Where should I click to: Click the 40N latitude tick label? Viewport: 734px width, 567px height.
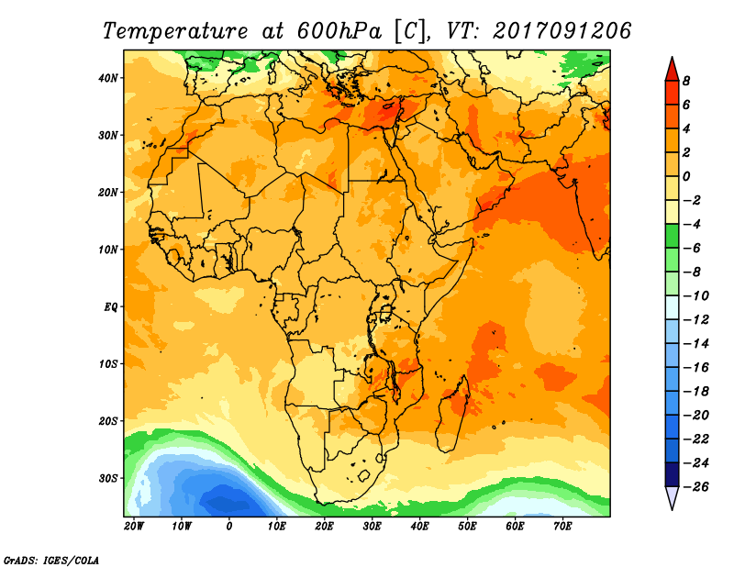click(108, 77)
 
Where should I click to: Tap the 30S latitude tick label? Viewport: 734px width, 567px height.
click(108, 478)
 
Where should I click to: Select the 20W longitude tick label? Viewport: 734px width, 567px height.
click(133, 527)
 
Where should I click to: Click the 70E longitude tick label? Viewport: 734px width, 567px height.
click(562, 527)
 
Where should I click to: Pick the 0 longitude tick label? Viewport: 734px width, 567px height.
click(229, 527)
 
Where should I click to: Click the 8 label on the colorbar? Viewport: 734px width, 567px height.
click(685, 81)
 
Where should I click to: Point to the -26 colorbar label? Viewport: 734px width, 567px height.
click(692, 486)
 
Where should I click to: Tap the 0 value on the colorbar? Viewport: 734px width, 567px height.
click(685, 176)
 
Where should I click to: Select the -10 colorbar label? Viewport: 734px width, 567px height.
click(692, 295)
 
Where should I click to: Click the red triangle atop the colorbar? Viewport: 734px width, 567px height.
click(672, 68)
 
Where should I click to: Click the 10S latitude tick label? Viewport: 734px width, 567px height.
click(108, 364)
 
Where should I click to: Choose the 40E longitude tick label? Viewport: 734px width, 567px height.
click(419, 527)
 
